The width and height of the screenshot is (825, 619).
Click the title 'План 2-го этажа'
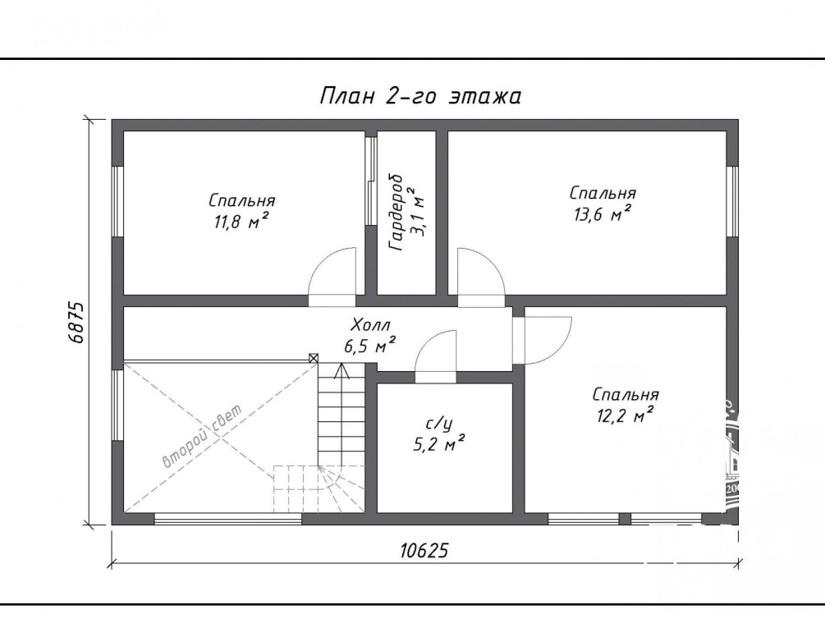[x=420, y=97]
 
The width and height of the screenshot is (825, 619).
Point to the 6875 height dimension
[x=76, y=322]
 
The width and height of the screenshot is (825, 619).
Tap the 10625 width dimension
[x=424, y=551]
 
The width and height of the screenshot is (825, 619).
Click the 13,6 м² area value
[x=603, y=214]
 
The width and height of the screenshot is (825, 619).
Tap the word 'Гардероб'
[x=395, y=212]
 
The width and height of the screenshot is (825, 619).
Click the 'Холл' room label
[x=371, y=324]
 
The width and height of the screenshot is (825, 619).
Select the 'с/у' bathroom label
[x=438, y=424]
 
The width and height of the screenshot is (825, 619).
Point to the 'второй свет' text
[x=203, y=436]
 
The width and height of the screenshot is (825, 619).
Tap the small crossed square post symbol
[x=314, y=359]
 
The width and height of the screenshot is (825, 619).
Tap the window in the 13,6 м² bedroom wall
[x=732, y=201]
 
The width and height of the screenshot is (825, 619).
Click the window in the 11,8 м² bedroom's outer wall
[x=117, y=201]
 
